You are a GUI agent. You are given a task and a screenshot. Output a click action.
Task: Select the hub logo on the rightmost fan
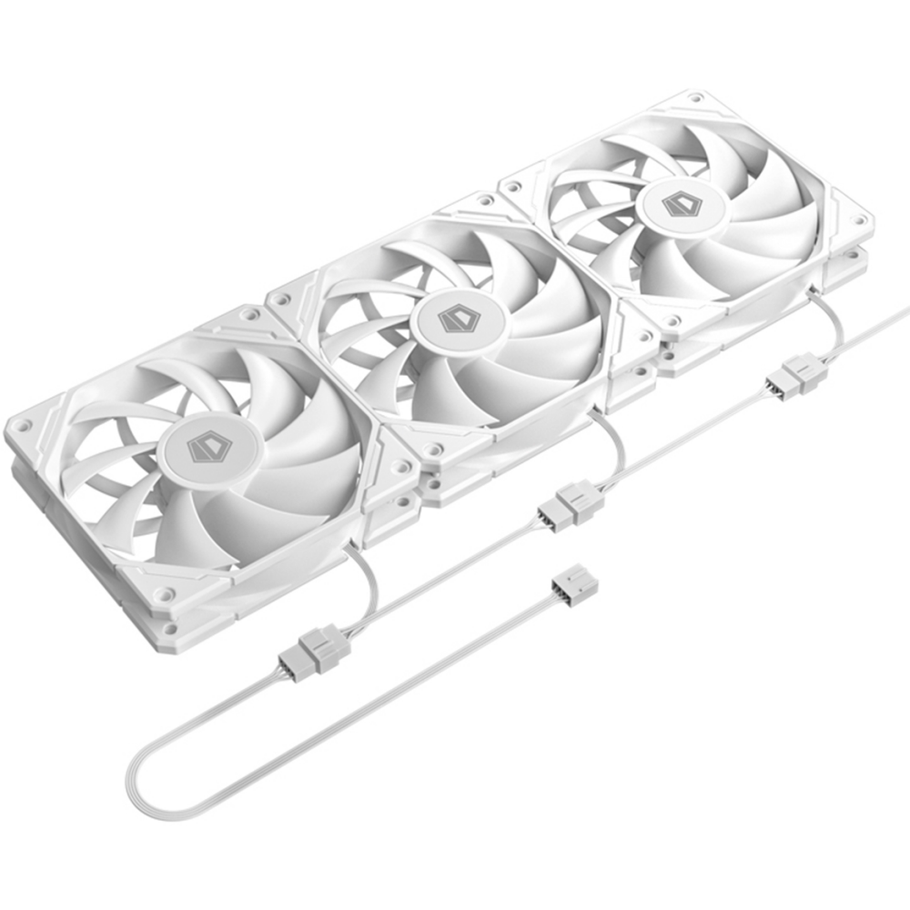click(x=680, y=204)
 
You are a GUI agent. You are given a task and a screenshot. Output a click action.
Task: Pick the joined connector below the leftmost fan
click(x=314, y=649)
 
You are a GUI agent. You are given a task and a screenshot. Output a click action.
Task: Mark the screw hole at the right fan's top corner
click(x=696, y=96)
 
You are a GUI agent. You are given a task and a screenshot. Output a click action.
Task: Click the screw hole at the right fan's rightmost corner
click(x=856, y=220)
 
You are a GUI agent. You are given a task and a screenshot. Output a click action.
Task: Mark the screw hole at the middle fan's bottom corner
click(x=436, y=450)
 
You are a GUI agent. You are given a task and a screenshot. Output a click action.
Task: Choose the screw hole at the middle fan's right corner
click(x=644, y=337)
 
